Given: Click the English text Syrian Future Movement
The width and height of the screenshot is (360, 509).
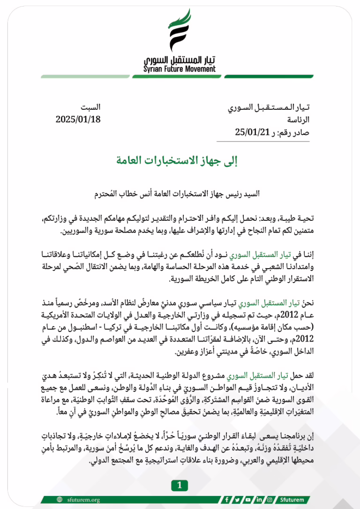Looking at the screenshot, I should coord(180,69).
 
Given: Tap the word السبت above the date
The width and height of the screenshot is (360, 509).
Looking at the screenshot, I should coord(90,108).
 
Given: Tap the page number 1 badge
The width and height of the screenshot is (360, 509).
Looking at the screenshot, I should coord(180,485).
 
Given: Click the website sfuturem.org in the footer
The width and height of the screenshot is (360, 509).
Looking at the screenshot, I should coord(81,499).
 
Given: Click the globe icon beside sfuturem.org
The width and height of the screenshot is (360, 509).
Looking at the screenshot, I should coord(60,499).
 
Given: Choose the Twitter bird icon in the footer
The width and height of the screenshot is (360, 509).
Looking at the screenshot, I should coord(238,499).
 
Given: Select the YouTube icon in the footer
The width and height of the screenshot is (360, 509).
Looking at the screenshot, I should coord(248,499).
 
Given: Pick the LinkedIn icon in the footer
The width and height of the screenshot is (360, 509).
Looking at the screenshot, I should coord(259,499).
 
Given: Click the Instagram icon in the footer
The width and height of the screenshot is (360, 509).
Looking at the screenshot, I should coord(270,499).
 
